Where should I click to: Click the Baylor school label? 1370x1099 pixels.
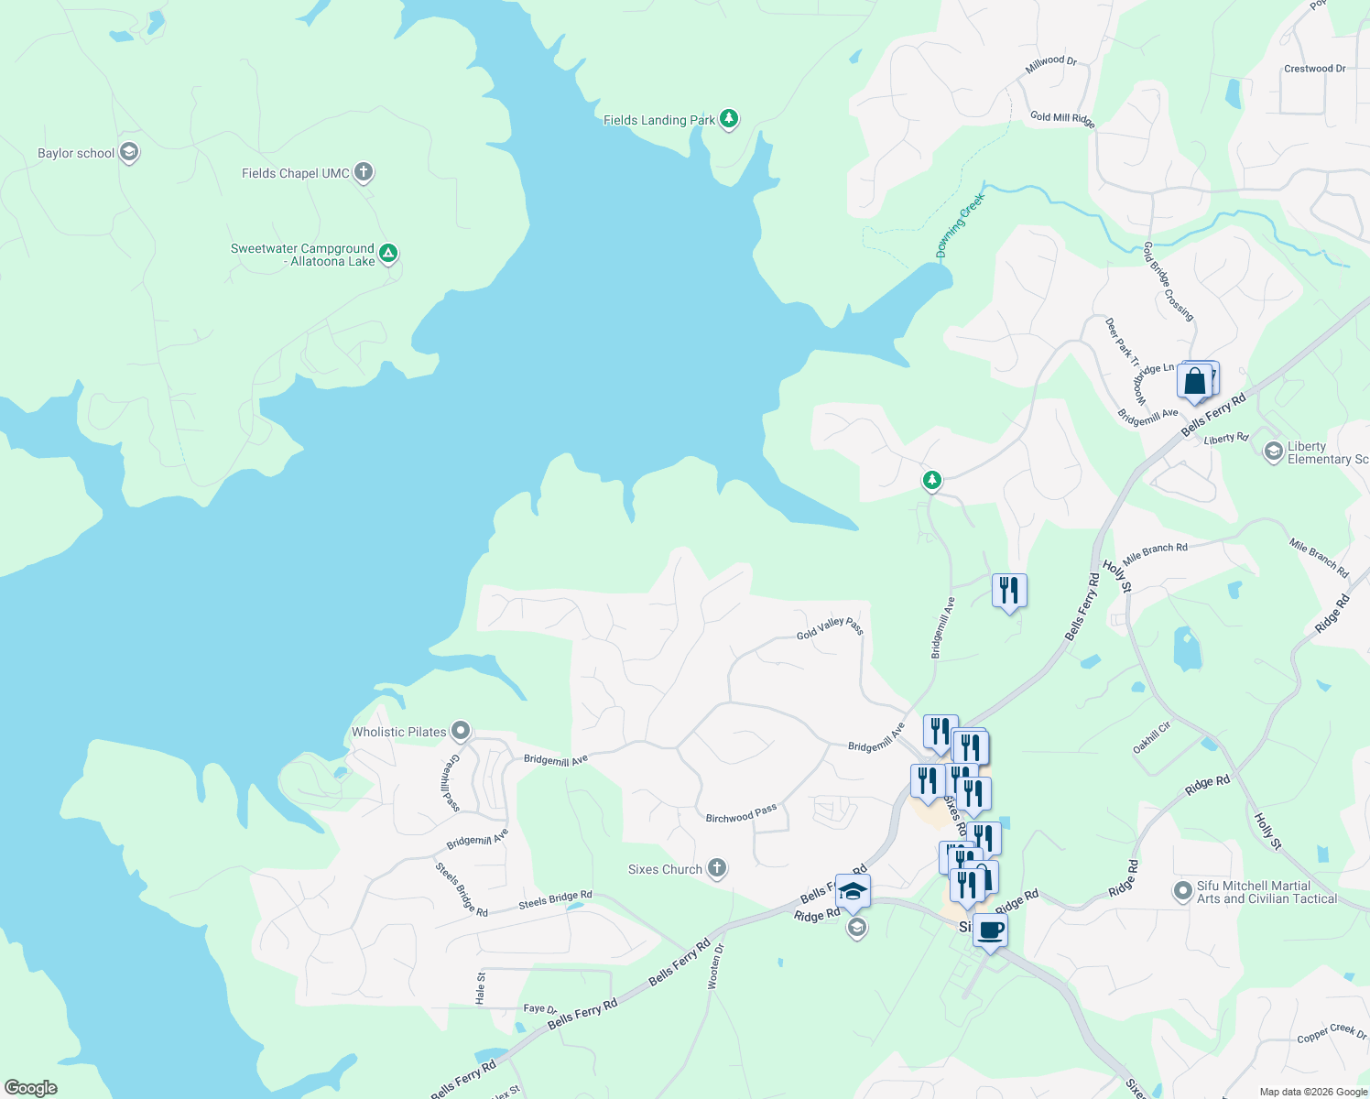click(x=76, y=153)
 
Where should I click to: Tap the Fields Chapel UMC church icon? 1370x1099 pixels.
click(x=364, y=172)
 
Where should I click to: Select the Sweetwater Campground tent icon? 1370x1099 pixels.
click(x=388, y=253)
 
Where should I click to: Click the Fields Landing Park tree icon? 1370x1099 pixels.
click(x=729, y=118)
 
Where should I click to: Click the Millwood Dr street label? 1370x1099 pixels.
click(x=1050, y=62)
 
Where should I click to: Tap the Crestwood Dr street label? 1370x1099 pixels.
click(x=1314, y=69)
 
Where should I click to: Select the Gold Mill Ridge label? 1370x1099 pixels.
click(x=1062, y=118)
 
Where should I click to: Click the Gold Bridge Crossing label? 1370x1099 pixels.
click(x=1169, y=281)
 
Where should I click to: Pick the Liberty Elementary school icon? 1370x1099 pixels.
click(x=1273, y=451)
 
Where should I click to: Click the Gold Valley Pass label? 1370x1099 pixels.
click(x=830, y=628)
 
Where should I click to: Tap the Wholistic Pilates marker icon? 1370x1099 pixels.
click(x=461, y=731)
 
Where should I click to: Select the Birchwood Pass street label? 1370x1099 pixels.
click(x=741, y=813)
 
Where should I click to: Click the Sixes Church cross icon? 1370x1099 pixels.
click(x=717, y=868)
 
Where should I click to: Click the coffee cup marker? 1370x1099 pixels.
click(x=990, y=930)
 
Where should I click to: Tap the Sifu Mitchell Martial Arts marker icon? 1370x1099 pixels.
click(x=1183, y=889)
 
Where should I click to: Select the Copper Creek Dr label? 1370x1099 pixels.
click(x=1332, y=1033)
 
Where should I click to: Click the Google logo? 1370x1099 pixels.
click(x=31, y=1087)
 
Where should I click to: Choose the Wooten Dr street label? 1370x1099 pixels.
click(x=715, y=965)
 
